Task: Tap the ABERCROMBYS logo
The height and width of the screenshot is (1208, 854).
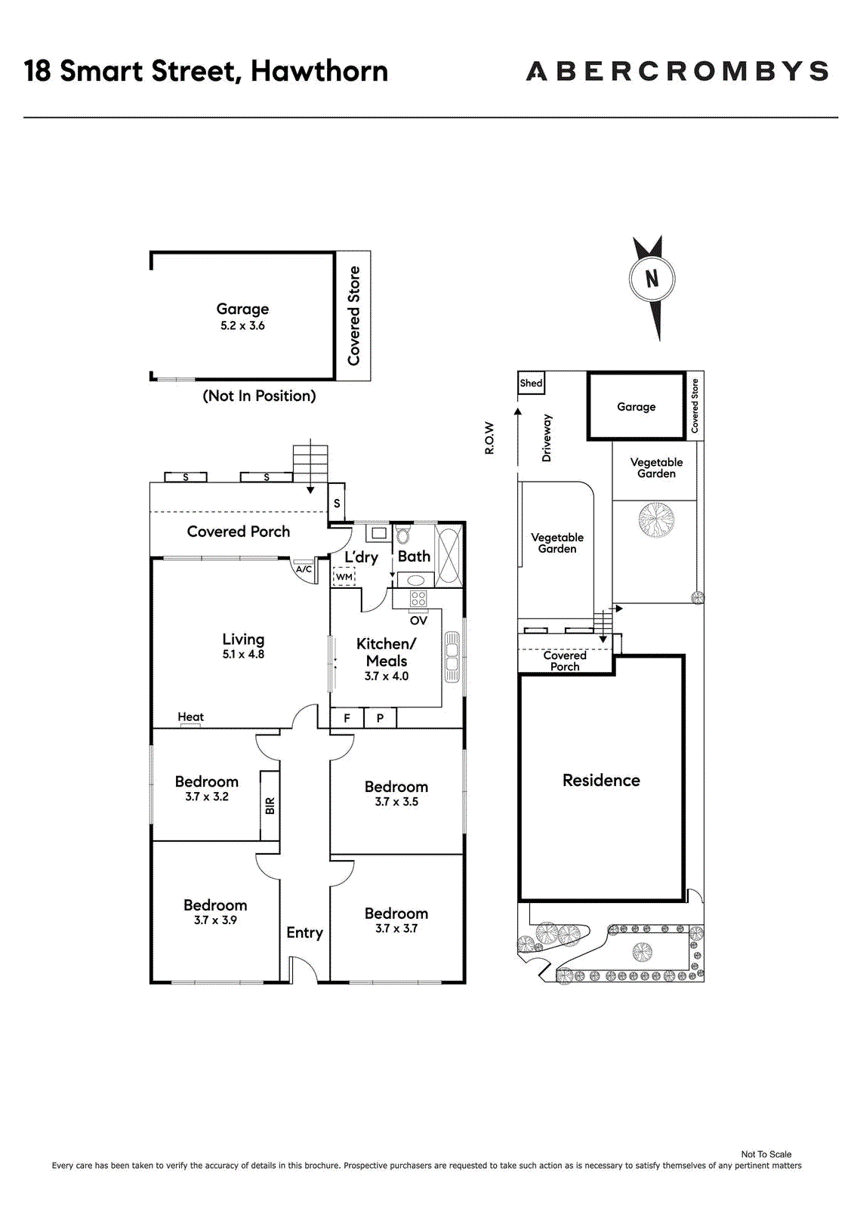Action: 677,71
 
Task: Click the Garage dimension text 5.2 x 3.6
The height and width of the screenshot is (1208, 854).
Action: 242,325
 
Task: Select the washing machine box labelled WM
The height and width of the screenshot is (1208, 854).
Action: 344,577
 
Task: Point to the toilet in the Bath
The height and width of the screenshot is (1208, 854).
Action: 402,535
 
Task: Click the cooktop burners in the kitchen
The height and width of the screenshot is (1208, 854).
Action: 418,599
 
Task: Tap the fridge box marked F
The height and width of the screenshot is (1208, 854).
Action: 347,718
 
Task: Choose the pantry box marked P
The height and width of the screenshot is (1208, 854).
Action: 380,718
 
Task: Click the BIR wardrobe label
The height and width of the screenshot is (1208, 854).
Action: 270,806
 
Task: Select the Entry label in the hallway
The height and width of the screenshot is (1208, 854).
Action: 304,933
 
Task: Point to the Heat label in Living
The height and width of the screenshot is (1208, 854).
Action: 190,716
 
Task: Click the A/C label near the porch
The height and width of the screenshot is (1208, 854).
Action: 304,569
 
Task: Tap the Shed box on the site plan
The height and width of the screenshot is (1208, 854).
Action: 531,383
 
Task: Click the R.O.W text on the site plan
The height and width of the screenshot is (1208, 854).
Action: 489,437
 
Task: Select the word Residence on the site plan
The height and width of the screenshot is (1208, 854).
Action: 601,780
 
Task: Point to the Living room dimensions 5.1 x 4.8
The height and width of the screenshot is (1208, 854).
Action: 243,654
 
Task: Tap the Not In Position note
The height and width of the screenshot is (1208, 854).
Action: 259,396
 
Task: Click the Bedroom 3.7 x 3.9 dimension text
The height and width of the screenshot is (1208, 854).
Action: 215,920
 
